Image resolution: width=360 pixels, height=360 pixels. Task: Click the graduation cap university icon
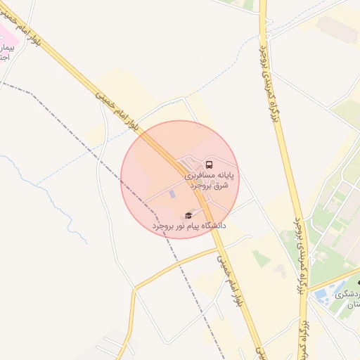(188, 215)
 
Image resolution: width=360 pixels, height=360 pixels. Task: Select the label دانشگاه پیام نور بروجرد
(188, 226)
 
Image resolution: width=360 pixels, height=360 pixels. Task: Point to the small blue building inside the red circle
(172, 193)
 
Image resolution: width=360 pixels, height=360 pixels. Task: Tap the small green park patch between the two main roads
(262, 259)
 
